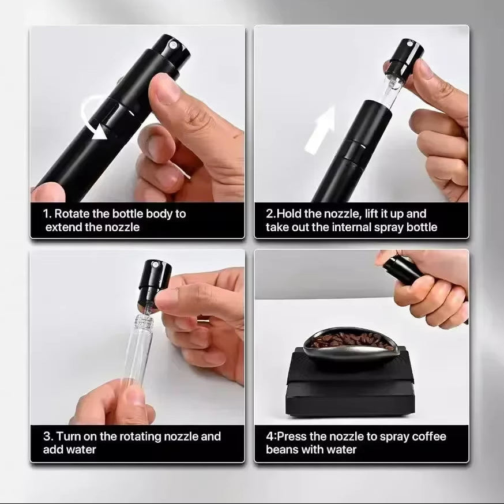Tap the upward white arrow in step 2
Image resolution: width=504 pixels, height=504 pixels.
(x=321, y=130)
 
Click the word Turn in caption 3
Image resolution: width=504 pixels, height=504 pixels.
(x=67, y=437)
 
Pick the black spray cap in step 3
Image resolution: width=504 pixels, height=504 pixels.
(x=154, y=281)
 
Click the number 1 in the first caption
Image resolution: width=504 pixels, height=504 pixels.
(x=46, y=214)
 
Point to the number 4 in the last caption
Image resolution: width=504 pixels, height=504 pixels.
(x=269, y=437)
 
